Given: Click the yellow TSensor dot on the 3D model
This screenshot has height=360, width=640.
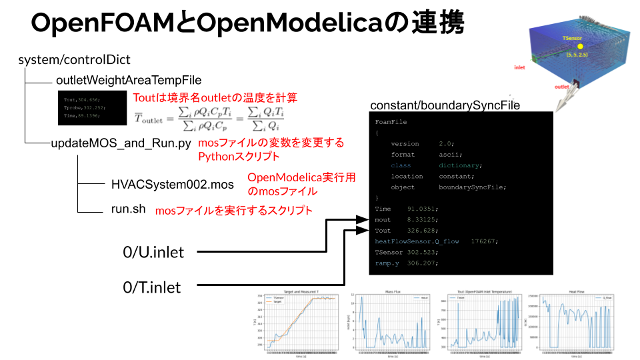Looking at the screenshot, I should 580,47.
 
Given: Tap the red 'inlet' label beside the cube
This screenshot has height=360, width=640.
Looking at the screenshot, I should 521,68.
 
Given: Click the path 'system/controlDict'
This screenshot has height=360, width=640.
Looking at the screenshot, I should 74,60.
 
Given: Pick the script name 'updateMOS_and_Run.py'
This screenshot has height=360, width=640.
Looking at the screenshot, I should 121,143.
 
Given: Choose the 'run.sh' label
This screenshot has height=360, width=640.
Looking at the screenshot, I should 129,209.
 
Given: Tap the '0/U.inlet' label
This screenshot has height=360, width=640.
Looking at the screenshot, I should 153,252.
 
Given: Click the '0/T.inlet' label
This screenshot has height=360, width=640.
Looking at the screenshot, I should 153,287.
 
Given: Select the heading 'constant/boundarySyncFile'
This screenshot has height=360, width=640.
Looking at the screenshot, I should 445,105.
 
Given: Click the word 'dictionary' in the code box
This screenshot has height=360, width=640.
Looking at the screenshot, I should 460,165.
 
